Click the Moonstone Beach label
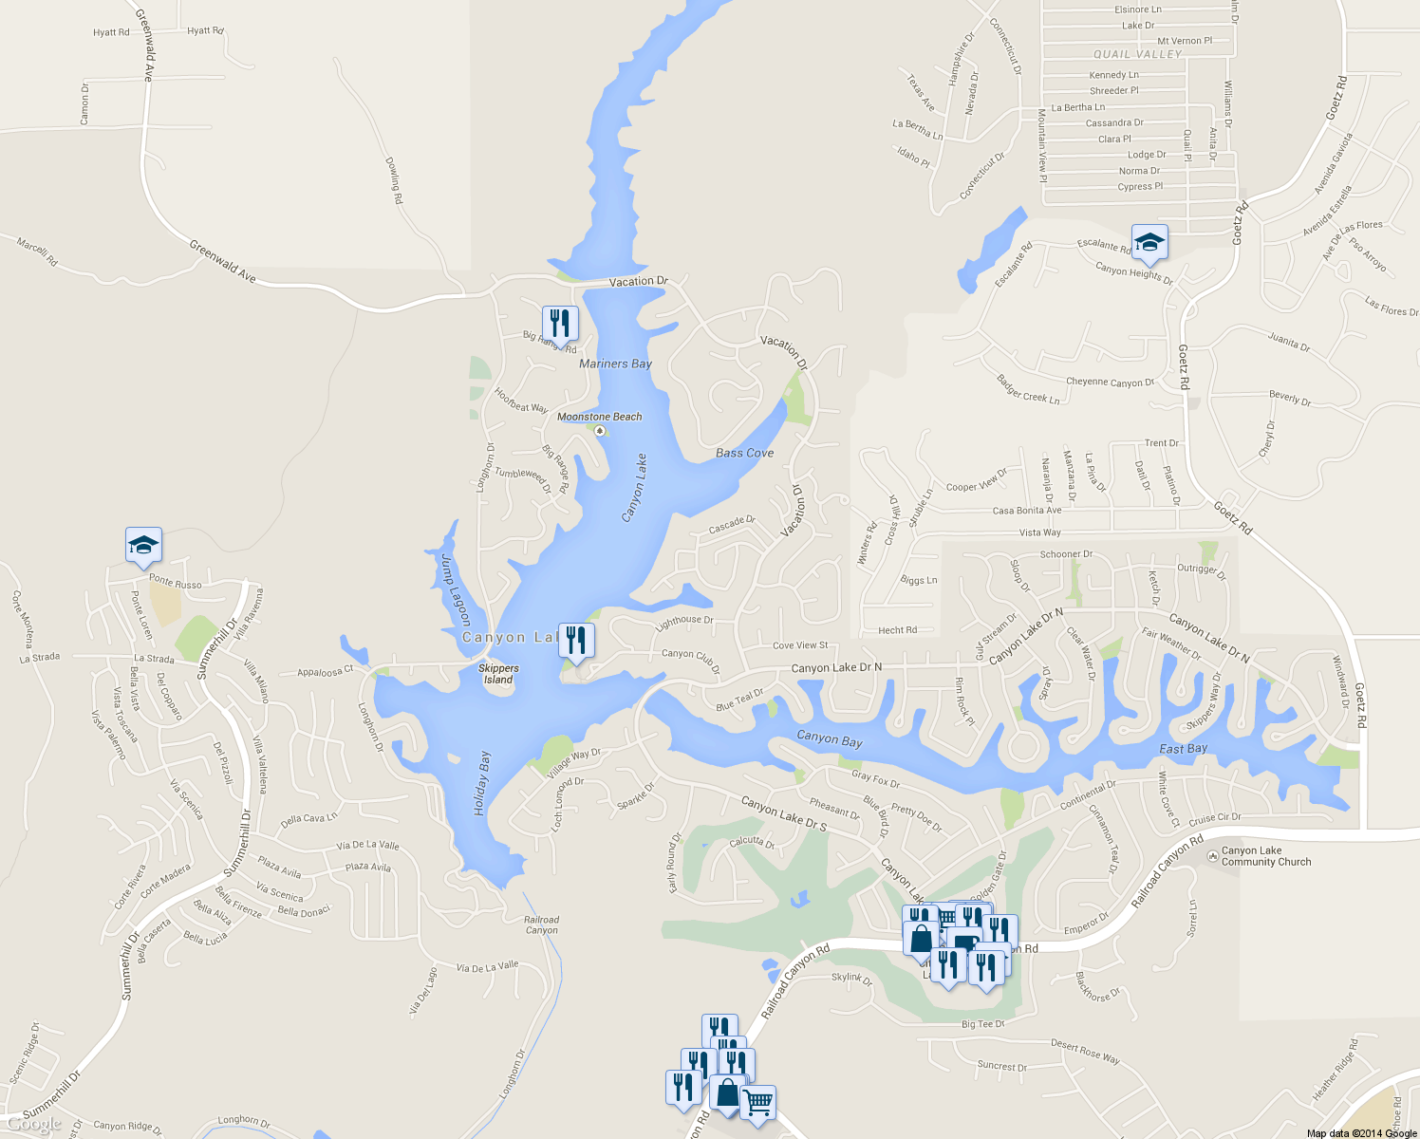[599, 417]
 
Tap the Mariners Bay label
[615, 364]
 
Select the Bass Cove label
[744, 453]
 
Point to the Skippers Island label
[498, 674]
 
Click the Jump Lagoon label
[456, 589]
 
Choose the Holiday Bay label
[482, 783]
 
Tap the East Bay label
[1183, 749]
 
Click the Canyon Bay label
[830, 738]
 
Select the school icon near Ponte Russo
[143, 546]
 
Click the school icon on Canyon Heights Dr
[1149, 242]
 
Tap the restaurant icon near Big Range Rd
[560, 324]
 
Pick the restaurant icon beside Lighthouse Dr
[576, 641]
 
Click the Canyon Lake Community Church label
[1265, 856]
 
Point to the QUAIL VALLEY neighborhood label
[1137, 54]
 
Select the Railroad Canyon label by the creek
[541, 924]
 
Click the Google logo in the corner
[34, 1125]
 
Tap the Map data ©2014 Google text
[1361, 1132]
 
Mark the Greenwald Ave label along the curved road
[222, 261]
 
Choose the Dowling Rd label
[394, 180]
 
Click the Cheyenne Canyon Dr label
[1110, 383]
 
